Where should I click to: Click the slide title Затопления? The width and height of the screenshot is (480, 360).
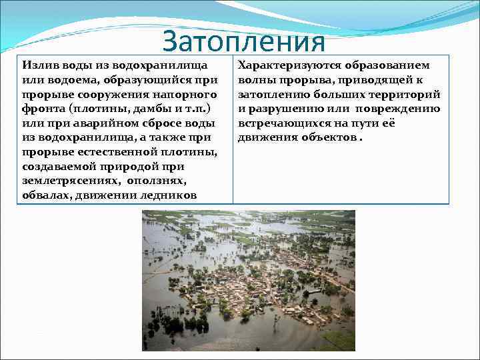click(x=243, y=41)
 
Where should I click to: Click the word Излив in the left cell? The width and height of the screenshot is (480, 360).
click(x=37, y=66)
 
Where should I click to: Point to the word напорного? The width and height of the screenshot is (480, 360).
click(x=191, y=95)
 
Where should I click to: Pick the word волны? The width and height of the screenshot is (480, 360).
click(x=255, y=81)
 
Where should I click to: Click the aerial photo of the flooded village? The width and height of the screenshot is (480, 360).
click(x=248, y=280)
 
